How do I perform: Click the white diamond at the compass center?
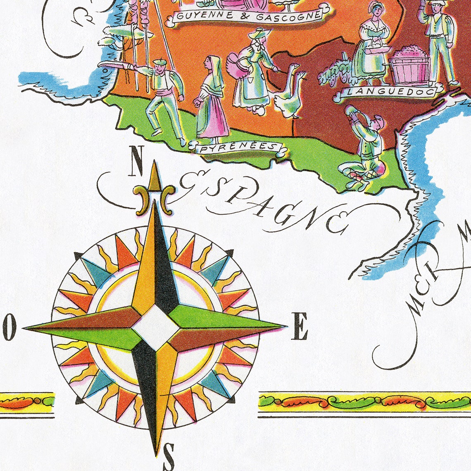(x=155, y=327)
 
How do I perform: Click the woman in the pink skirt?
(x=212, y=101)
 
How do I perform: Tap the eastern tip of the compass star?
(x=285, y=327)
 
